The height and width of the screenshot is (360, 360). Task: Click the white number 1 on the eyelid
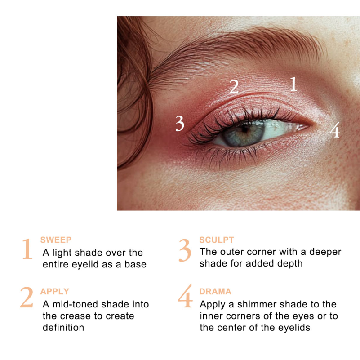(x=293, y=84)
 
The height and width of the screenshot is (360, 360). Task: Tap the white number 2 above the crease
(x=234, y=87)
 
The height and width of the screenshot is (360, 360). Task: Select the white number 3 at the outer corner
(x=180, y=123)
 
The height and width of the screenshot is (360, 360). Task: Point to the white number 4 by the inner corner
(x=335, y=130)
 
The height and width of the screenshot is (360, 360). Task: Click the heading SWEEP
(x=56, y=240)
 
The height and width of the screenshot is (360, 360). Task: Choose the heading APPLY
(x=55, y=291)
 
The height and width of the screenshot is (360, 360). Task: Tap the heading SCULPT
(x=217, y=240)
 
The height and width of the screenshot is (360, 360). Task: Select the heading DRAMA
(x=215, y=291)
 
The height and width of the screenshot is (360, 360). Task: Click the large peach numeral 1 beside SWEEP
(x=27, y=249)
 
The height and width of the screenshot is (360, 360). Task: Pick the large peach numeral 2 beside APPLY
(x=27, y=297)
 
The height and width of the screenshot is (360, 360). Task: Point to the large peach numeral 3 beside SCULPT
(x=185, y=250)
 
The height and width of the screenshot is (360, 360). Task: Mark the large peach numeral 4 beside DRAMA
(x=185, y=296)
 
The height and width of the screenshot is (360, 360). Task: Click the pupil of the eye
(x=245, y=130)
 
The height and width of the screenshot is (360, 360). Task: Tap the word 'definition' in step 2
(x=63, y=328)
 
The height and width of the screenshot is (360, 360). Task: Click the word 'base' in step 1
(x=135, y=264)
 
